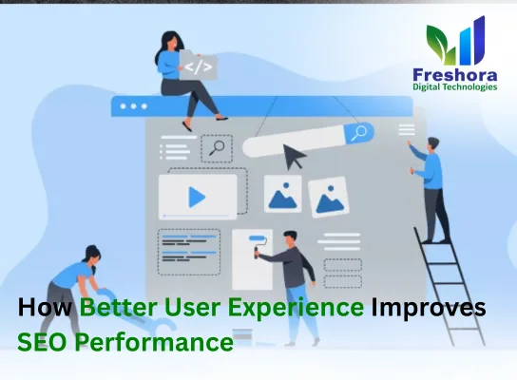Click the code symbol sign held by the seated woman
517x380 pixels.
198,66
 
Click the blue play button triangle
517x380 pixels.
197,197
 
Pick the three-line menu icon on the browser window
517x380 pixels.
406,128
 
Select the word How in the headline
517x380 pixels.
46,310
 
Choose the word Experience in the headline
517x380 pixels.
294,310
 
